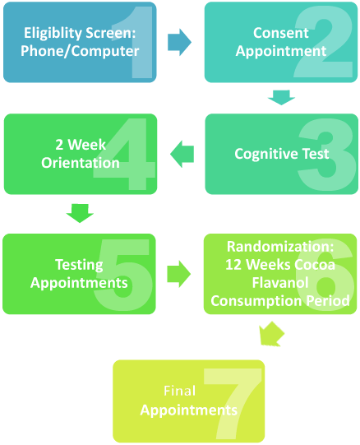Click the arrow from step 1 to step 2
tap(178, 42)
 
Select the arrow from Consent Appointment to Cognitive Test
tap(281, 98)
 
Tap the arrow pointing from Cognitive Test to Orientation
tap(182, 153)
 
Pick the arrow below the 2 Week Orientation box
tap(80, 213)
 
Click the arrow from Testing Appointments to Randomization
tap(178, 274)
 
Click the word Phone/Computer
tap(81, 51)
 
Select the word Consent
tap(281, 33)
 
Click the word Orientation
tap(81, 162)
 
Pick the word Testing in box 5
tap(79, 264)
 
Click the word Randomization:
tap(280, 246)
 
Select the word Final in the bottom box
tap(179, 391)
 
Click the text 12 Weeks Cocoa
tap(280, 264)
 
